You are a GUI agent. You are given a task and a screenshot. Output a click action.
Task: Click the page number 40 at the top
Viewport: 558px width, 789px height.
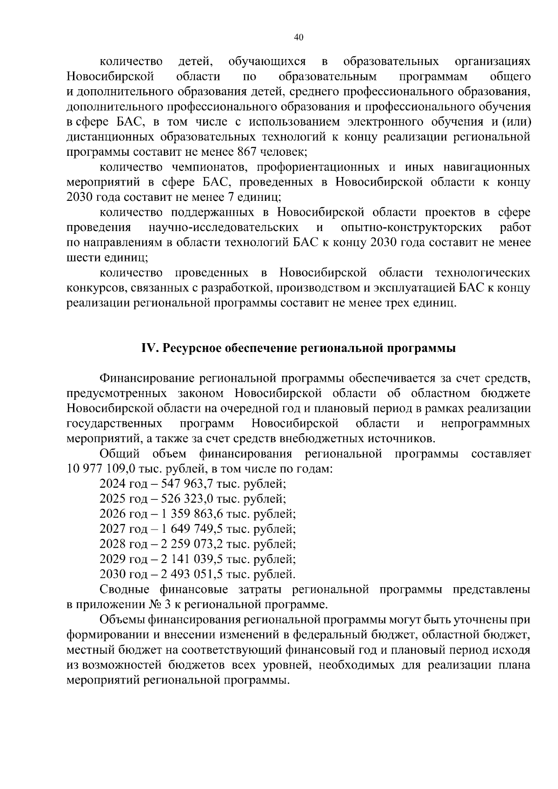299,38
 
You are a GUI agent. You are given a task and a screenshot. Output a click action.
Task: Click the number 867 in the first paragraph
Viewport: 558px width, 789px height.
247,152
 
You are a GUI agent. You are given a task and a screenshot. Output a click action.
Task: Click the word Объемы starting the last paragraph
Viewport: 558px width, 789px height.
122,620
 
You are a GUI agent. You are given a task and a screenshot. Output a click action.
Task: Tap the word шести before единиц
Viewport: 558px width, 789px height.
82,258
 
